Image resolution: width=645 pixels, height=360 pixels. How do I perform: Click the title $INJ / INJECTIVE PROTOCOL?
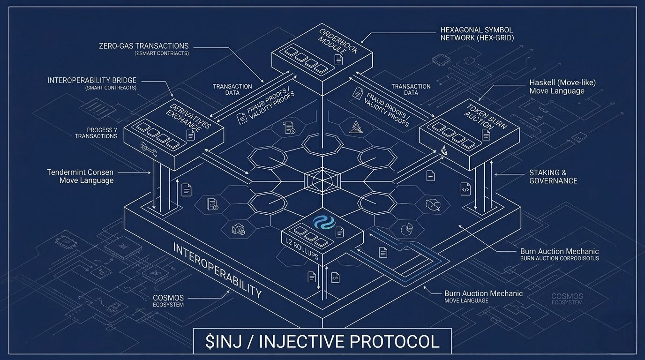point(322,341)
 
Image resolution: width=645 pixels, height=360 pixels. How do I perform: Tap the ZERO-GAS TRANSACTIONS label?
point(144,46)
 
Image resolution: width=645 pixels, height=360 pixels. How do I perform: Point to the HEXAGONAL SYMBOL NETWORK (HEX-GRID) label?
point(477,34)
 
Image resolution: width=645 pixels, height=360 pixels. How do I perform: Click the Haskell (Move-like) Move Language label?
point(562,87)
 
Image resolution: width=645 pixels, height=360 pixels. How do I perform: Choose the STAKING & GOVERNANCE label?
point(553,177)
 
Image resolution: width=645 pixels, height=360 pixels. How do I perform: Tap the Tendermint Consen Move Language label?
point(81,176)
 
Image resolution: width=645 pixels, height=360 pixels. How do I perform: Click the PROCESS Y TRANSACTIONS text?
point(96,133)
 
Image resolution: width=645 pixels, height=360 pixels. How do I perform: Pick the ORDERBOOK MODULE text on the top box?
point(338,47)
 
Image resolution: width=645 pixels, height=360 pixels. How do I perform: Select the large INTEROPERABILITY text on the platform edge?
point(217,270)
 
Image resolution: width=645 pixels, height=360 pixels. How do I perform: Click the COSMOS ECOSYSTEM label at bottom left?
point(168,301)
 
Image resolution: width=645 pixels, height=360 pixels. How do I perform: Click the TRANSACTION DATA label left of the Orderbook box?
point(232,90)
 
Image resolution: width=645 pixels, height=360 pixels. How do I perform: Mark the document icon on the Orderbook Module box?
point(338,60)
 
